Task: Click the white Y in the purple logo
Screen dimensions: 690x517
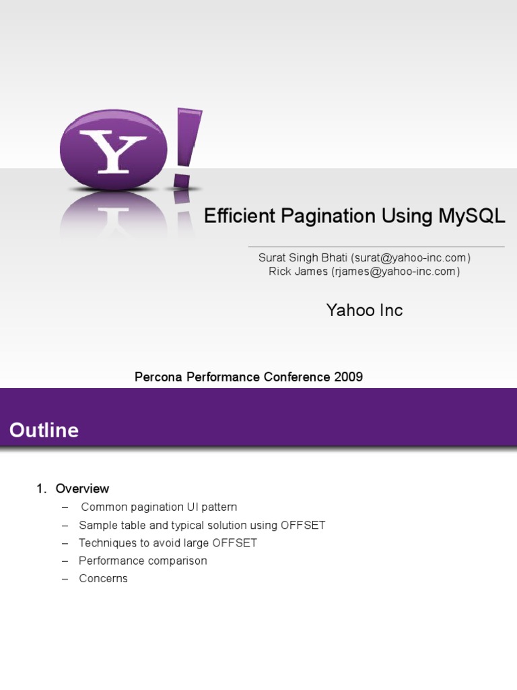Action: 112,152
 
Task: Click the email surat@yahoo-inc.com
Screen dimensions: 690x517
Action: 410,258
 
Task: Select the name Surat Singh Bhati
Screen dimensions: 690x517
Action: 302,258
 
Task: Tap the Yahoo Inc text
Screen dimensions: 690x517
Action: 364,310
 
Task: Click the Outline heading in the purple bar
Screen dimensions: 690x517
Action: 44,431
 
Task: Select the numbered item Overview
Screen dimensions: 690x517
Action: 82,489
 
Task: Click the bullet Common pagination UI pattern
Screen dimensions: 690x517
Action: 159,507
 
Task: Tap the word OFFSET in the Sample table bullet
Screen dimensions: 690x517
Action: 303,525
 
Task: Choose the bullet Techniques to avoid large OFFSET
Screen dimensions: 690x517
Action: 168,543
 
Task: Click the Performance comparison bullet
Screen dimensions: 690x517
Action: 143,561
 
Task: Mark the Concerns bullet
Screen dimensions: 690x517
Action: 103,578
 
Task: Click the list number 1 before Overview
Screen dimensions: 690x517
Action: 40,489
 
